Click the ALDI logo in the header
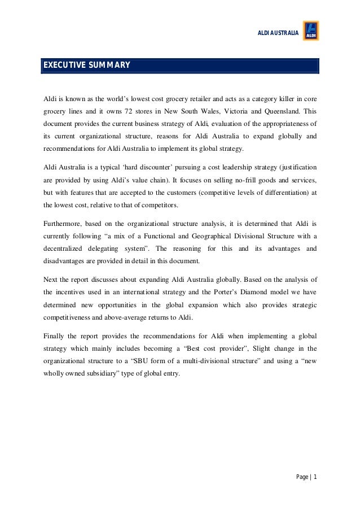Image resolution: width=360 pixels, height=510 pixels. click(311, 30)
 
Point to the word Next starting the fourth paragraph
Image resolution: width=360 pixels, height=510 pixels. click(50, 280)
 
